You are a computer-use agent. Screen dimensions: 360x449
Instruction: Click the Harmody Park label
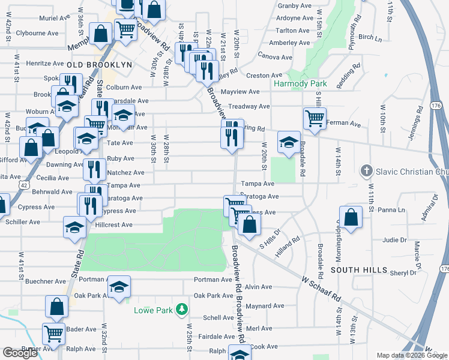(298, 83)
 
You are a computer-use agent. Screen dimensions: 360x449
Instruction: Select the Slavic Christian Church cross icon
(366, 172)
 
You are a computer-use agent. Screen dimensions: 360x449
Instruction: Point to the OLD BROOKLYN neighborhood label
(100, 64)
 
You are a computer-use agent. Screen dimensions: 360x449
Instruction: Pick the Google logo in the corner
(20, 353)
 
